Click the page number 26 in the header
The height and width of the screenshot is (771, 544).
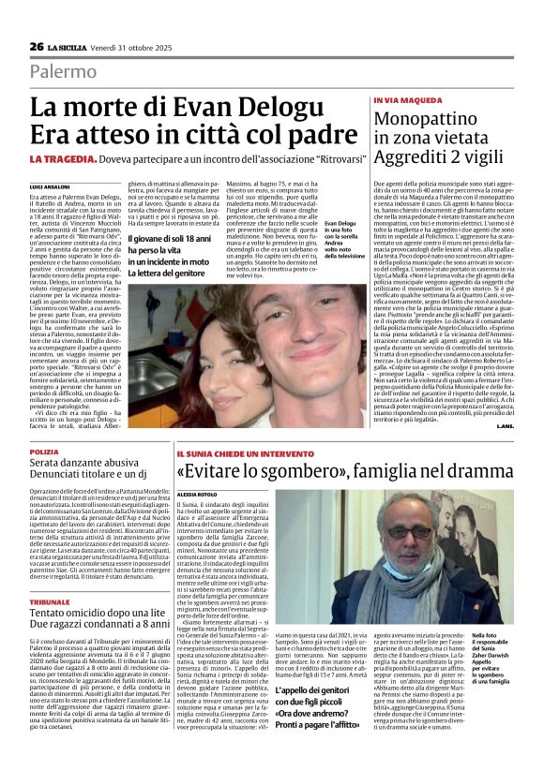point(37,47)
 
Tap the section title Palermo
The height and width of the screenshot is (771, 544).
point(63,72)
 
